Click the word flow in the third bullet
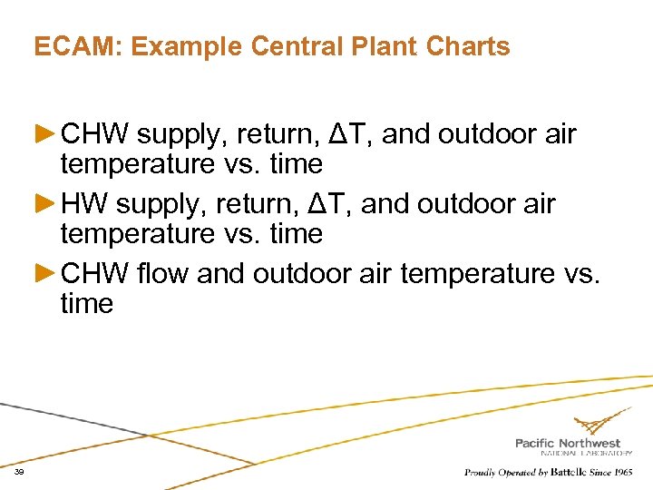[x=164, y=273]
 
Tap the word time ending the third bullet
[x=86, y=304]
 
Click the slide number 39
[x=19, y=473]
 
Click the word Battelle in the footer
[x=564, y=472]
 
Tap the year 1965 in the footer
[x=622, y=472]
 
